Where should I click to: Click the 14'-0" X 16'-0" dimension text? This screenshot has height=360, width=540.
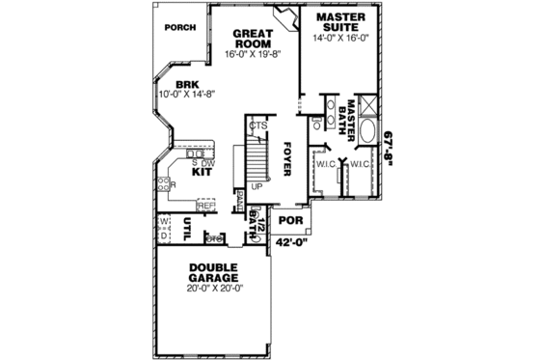point(341,38)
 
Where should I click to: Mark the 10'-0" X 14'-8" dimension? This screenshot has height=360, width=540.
point(186,95)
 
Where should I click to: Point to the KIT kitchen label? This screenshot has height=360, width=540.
point(202,173)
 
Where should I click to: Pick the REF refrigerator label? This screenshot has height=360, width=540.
point(205,206)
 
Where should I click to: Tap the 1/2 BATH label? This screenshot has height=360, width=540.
point(256,224)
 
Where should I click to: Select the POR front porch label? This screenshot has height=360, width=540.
point(290,221)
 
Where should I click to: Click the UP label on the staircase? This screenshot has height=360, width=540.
point(256,186)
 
